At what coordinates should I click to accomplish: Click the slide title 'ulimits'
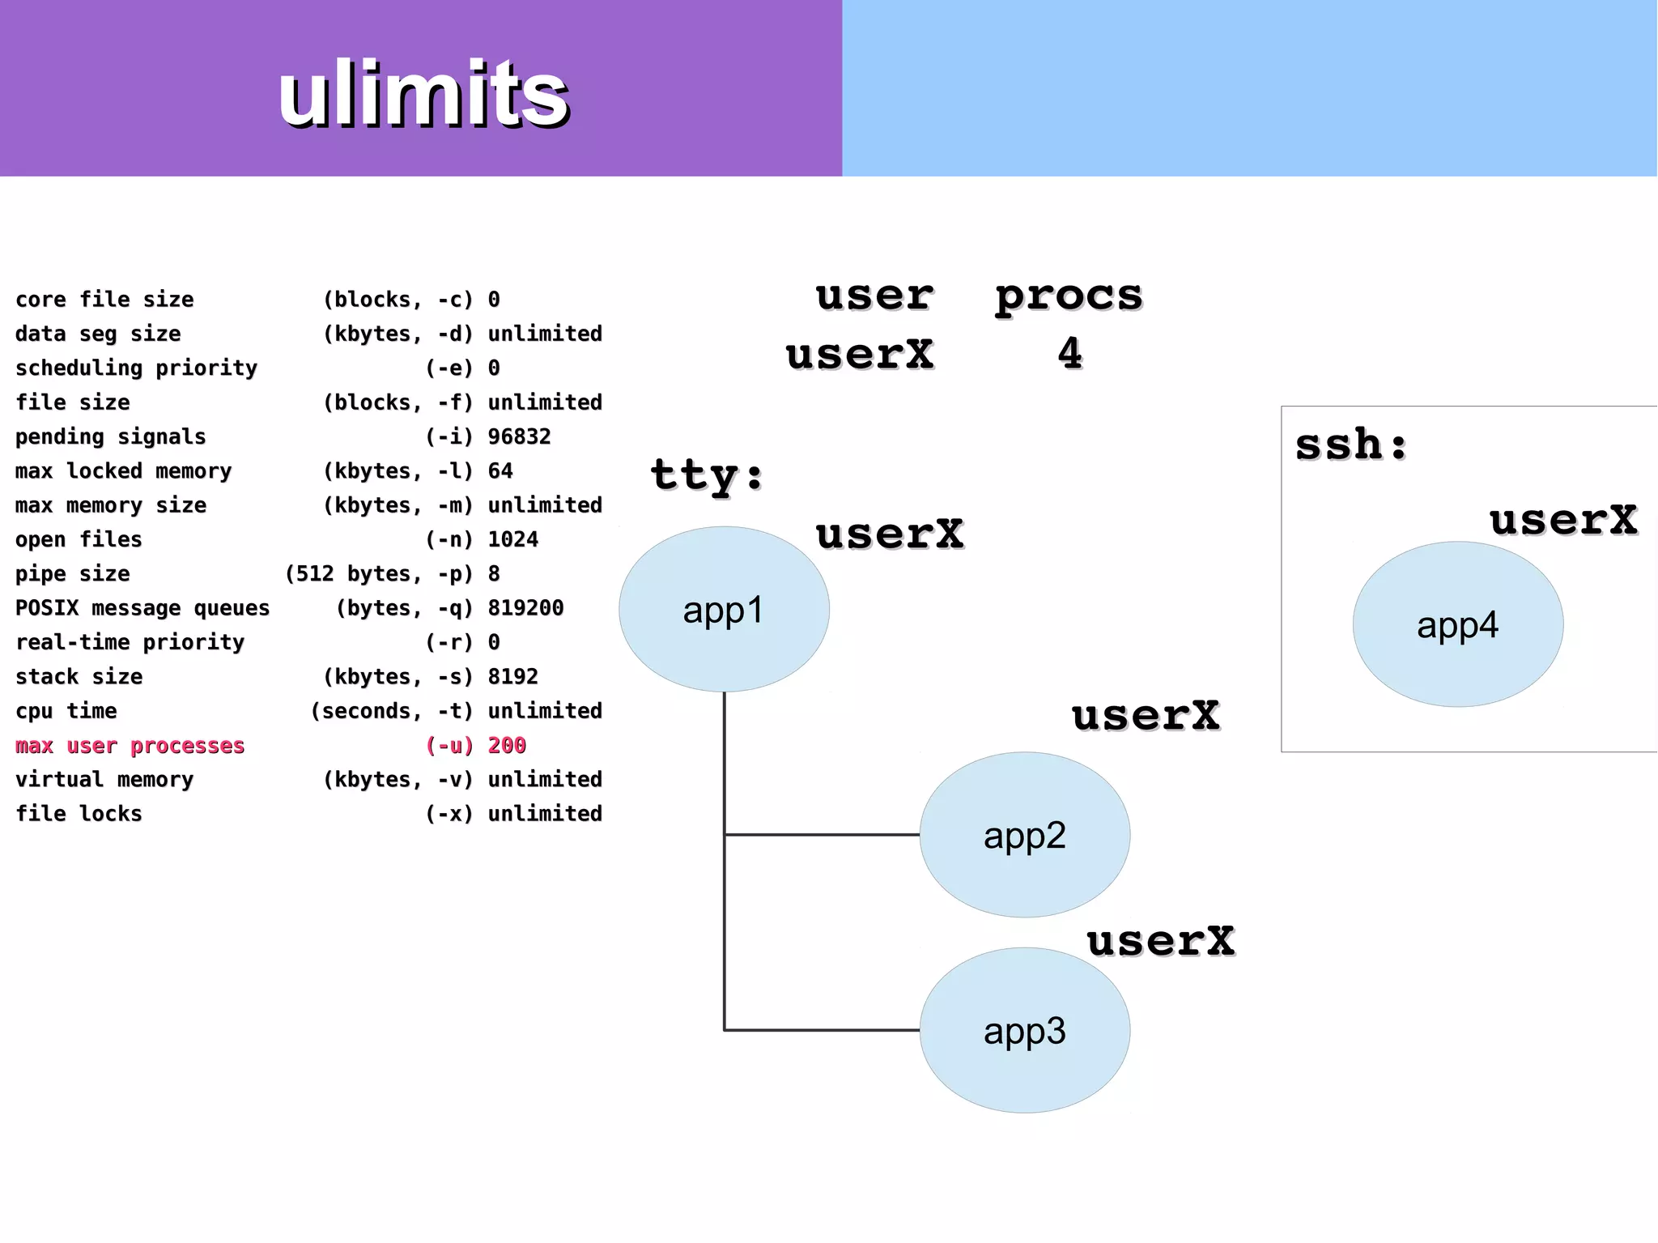(x=423, y=94)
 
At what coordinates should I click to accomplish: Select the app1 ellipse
(x=724, y=609)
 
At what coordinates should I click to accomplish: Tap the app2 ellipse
(x=1024, y=834)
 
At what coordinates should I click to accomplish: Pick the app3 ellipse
(x=1024, y=1030)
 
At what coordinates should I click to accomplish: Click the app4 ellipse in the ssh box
(x=1457, y=624)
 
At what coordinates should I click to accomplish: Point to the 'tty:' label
(x=707, y=475)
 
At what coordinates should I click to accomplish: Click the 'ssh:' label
(x=1351, y=445)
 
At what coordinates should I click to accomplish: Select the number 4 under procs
(x=1069, y=353)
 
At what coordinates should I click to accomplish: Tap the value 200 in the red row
(x=507, y=745)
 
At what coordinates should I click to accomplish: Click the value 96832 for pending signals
(x=519, y=436)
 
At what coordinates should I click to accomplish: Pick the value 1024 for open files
(x=512, y=539)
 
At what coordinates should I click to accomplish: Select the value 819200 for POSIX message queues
(x=525, y=607)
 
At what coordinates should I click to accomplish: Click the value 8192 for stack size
(x=512, y=676)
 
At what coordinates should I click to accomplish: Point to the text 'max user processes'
(x=130, y=745)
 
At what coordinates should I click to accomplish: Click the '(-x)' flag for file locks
(x=449, y=813)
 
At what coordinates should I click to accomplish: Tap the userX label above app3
(x=1160, y=941)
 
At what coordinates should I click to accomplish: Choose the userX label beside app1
(x=889, y=534)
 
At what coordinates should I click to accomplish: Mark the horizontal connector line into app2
(x=822, y=834)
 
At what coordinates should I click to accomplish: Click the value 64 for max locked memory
(x=500, y=470)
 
